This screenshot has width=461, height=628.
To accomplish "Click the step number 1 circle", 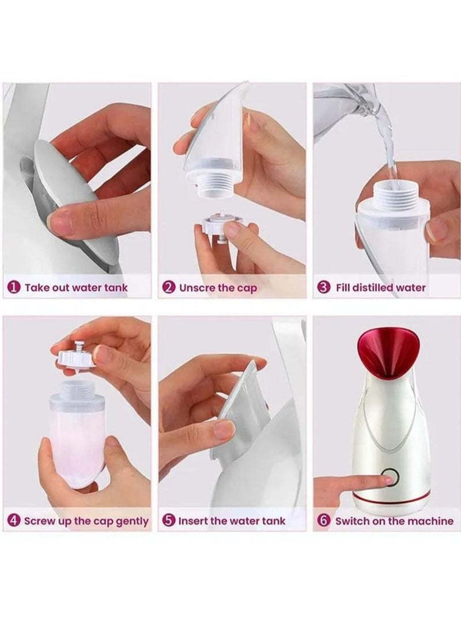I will pyautogui.click(x=14, y=287).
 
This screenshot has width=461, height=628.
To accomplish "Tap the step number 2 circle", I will pyautogui.click(x=169, y=287).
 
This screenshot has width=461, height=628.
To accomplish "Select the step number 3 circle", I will pyautogui.click(x=324, y=287).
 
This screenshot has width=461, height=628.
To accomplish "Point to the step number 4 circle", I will pyautogui.click(x=14, y=521).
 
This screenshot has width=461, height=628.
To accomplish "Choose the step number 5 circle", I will pyautogui.click(x=169, y=521).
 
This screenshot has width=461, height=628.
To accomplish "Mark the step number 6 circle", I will pyautogui.click(x=324, y=521).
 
